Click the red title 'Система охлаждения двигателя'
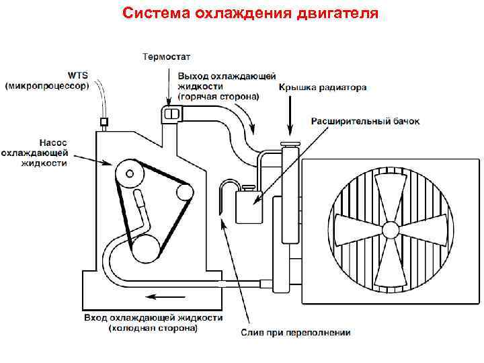tap(251, 13)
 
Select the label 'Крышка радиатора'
tap(323, 87)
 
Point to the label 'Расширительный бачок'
tap(365, 122)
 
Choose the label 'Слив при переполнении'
tap(296, 332)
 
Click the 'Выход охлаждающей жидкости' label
tap(218, 85)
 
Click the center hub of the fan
tap(390, 230)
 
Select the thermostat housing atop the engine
tap(171, 114)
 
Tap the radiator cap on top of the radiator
tap(290, 143)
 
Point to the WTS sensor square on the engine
tap(104, 122)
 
